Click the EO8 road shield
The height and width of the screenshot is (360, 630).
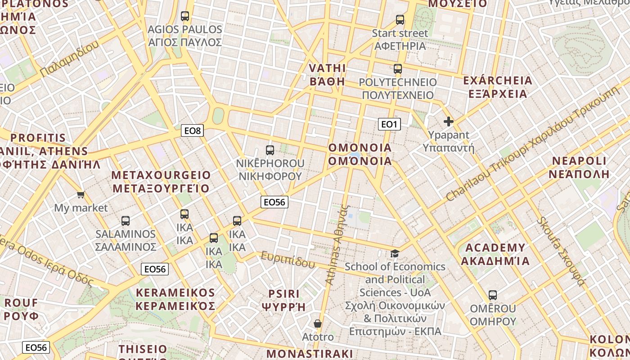pos(193,130)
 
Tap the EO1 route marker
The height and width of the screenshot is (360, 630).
pos(389,124)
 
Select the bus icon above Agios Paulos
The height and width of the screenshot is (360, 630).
pos(185,16)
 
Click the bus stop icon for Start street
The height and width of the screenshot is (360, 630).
pos(400,20)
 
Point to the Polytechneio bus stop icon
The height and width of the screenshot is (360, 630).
pos(398,69)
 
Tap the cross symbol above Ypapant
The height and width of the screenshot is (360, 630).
pos(449,121)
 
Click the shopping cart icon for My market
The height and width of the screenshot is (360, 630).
pos(81,194)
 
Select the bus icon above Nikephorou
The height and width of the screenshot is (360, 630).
pos(270,150)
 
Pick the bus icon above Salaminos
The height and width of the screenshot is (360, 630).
pos(126,221)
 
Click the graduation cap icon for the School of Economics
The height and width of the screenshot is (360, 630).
pos(395,253)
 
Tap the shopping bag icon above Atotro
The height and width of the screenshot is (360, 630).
pos(318,324)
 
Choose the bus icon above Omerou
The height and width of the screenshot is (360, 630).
pos(493,295)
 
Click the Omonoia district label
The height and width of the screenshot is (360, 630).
pos(360,154)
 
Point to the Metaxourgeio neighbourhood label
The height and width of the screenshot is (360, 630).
pos(161,181)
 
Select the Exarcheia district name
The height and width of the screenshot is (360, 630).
pos(498,87)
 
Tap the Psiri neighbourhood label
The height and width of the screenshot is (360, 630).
pos(284,300)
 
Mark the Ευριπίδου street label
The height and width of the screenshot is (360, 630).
pos(288,260)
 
